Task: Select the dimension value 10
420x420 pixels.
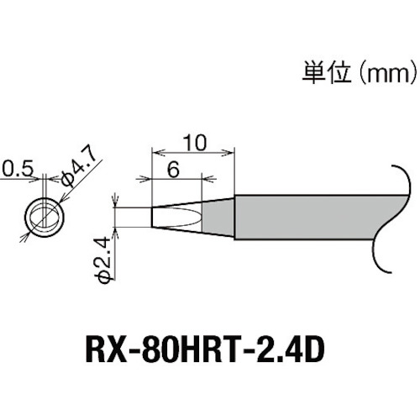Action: coord(192,144)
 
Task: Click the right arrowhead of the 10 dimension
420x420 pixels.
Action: coord(229,153)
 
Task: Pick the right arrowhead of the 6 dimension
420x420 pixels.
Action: coord(200,179)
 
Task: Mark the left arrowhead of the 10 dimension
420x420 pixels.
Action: coord(155,153)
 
